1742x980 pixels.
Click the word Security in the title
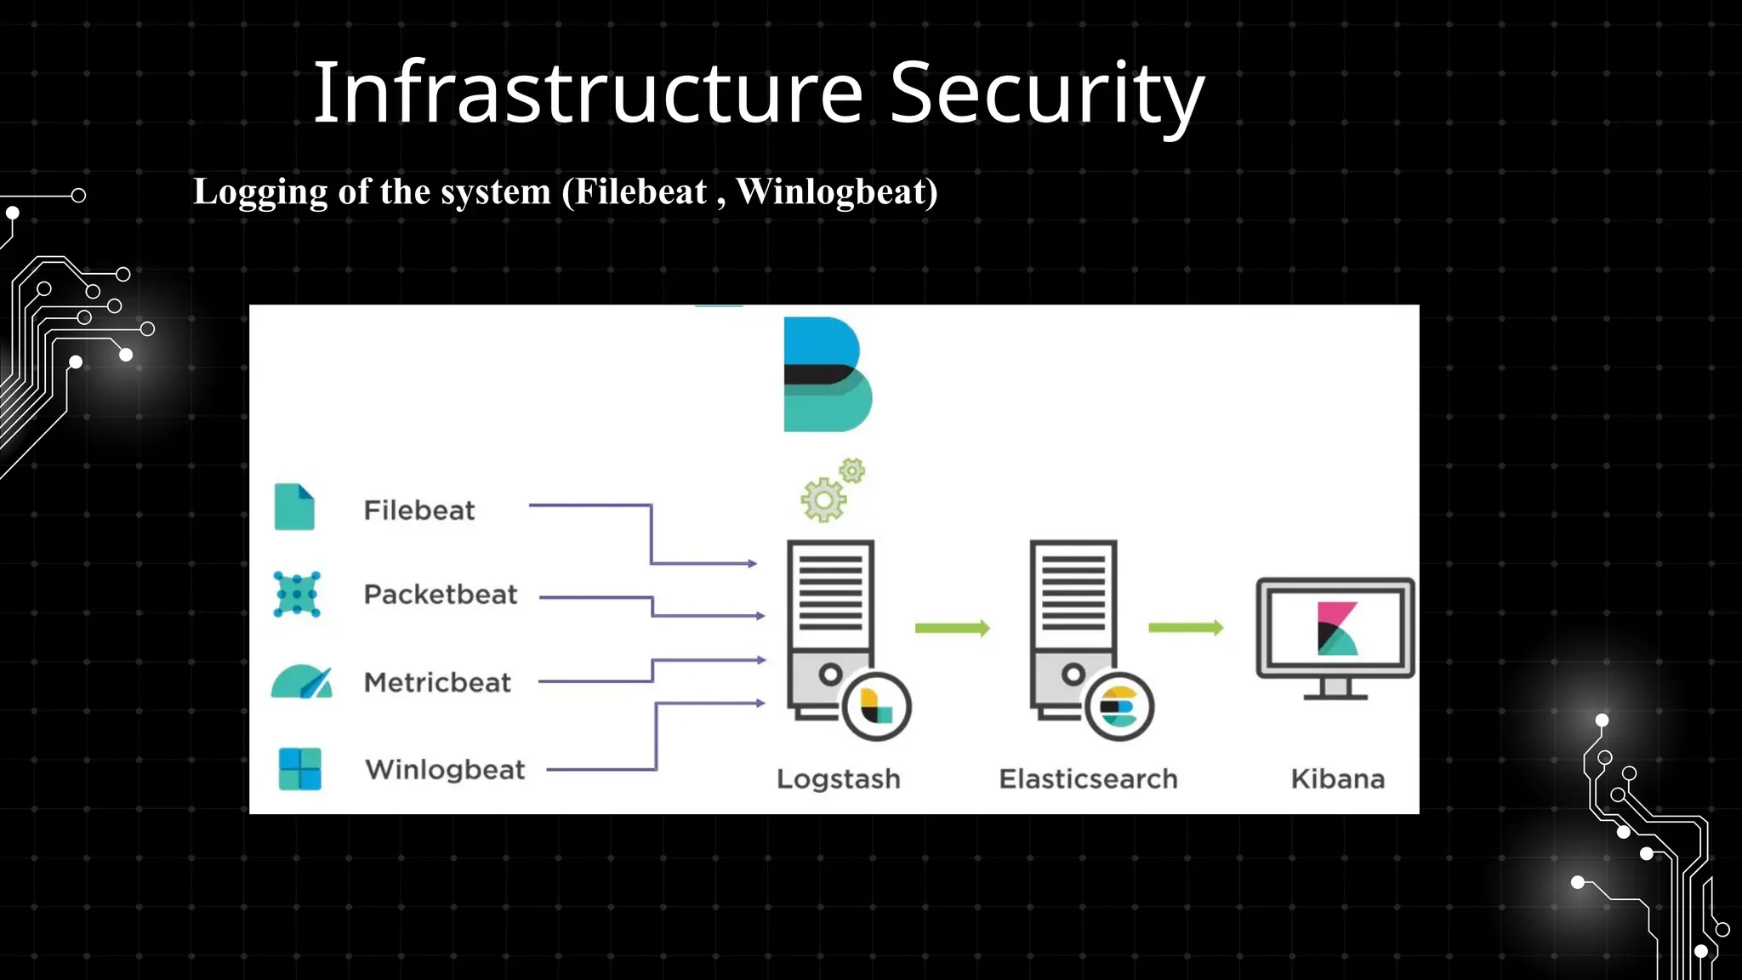[x=1046, y=94]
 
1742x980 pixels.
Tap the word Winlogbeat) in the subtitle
[x=837, y=192]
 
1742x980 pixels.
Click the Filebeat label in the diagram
[x=419, y=510]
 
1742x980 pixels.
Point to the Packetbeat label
[x=441, y=595]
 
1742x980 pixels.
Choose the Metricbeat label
[x=437, y=682]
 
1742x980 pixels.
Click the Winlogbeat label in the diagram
[x=445, y=770]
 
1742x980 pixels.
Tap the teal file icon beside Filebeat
[x=294, y=507]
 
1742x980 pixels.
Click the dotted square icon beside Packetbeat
[x=297, y=594]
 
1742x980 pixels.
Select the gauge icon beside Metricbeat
[x=302, y=682]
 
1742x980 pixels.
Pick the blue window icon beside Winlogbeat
[x=300, y=769]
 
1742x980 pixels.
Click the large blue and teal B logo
[x=826, y=374]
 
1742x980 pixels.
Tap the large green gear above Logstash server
[x=823, y=499]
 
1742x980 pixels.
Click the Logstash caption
[x=838, y=779]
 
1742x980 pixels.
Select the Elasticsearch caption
[x=1088, y=779]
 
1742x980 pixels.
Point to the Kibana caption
[x=1337, y=779]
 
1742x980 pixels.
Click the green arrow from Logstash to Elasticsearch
[x=952, y=629]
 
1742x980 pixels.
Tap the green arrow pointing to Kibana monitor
[x=1185, y=628]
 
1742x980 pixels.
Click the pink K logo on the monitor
[x=1336, y=629]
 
